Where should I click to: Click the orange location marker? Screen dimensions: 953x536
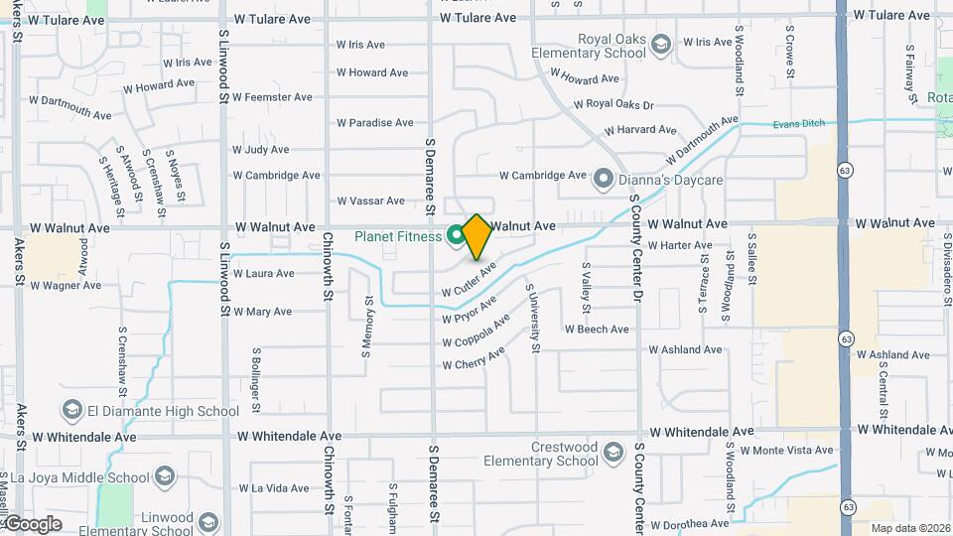[x=476, y=236]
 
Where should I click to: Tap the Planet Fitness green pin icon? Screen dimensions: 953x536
[x=457, y=235]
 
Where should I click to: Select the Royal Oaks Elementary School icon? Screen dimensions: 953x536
[x=662, y=43]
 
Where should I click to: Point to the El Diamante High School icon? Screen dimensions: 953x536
[x=71, y=410]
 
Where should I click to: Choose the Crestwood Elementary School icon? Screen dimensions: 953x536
[x=613, y=453]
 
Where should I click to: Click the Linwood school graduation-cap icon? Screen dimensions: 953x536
[x=208, y=522]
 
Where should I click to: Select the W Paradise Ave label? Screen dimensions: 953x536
[x=374, y=123]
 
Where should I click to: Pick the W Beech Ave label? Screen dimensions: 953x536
[x=597, y=330]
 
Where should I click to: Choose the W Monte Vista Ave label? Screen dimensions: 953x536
[x=794, y=450]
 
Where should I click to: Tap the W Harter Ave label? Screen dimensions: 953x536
[x=680, y=245]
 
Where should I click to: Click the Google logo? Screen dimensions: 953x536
[x=32, y=524]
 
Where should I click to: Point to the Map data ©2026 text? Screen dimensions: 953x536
[x=909, y=528]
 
